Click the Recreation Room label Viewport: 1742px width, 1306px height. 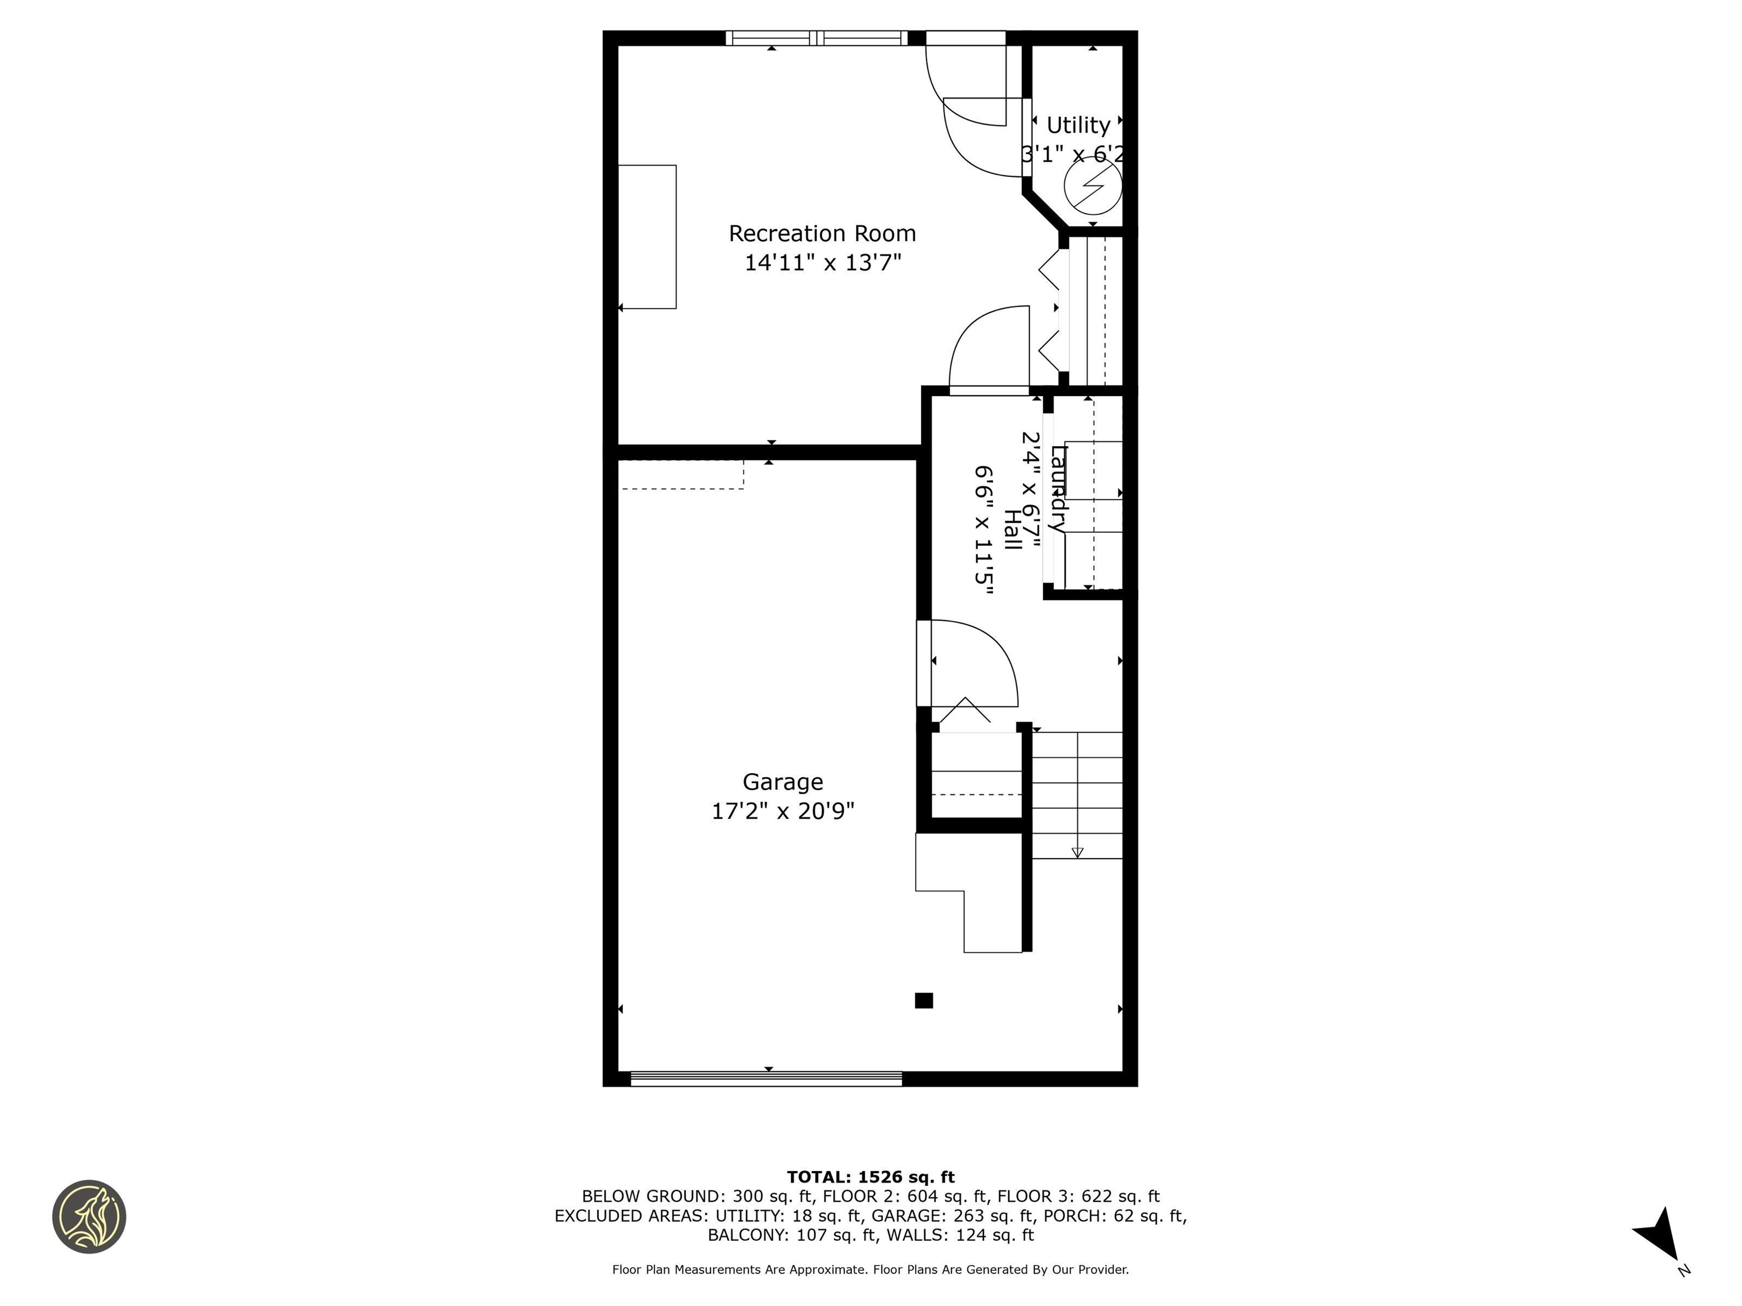(822, 234)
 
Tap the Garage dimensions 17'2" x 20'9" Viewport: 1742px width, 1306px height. (782, 811)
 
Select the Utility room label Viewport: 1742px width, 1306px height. (1077, 125)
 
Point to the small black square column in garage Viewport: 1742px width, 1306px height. (924, 1000)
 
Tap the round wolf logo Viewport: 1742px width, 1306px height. (89, 1216)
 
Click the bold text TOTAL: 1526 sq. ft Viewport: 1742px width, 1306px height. (870, 1177)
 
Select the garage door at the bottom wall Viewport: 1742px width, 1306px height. (766, 1079)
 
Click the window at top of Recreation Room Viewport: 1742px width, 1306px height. (816, 38)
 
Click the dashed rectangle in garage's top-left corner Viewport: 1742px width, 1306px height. (680, 474)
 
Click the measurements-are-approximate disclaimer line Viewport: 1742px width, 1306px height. (870, 1269)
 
